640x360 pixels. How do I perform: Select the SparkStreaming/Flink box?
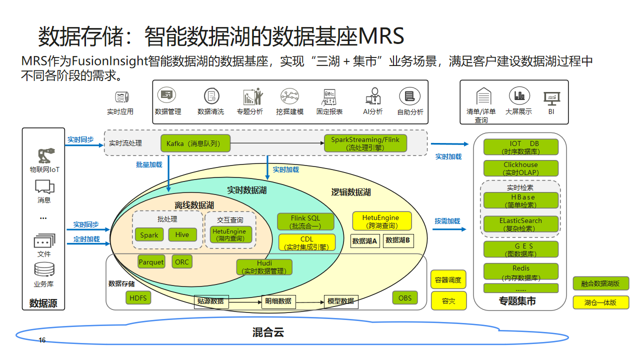click(364, 144)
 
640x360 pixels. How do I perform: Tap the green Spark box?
click(149, 235)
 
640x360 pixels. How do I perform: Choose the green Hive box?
click(182, 235)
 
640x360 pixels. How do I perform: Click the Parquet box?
click(151, 262)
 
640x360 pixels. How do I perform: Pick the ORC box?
click(182, 262)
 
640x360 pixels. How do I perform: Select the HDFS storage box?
click(137, 298)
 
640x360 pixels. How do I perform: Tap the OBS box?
click(404, 298)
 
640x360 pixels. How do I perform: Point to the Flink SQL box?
click(306, 220)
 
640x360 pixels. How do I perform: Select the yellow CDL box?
click(306, 242)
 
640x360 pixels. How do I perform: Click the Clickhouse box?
click(520, 168)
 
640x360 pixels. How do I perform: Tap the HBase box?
click(522, 200)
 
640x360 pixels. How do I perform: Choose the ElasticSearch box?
click(522, 223)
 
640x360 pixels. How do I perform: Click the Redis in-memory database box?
click(520, 273)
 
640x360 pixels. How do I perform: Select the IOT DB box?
click(520, 146)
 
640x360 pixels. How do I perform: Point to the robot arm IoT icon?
click(43, 156)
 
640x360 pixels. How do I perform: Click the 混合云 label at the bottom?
click(266, 332)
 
